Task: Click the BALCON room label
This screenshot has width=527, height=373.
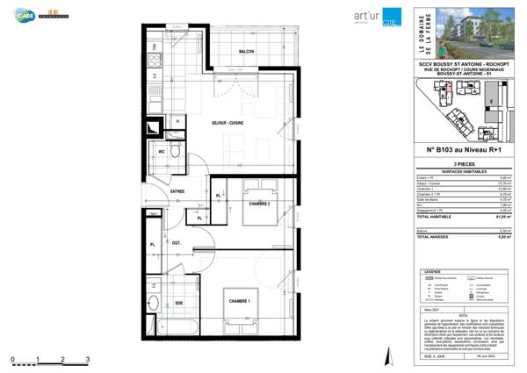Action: click(x=247, y=53)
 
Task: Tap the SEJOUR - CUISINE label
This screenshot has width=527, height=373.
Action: click(x=227, y=123)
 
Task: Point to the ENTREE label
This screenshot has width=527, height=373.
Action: click(x=177, y=190)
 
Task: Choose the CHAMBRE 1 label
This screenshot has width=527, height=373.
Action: click(x=241, y=302)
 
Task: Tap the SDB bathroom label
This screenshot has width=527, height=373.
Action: click(x=178, y=304)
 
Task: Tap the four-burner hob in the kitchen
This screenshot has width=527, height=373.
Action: click(x=155, y=61)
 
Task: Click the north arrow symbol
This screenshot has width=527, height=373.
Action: click(x=386, y=356)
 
